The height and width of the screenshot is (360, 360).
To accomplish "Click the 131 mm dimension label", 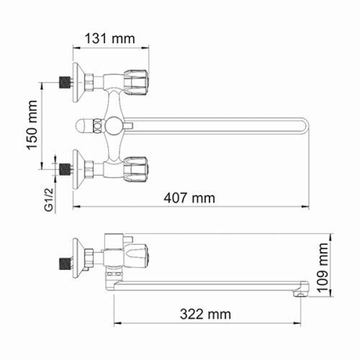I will (109, 38).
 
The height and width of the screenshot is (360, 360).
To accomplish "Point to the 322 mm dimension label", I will (206, 313).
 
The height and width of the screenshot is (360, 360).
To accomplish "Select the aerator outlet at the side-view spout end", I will (297, 295).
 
